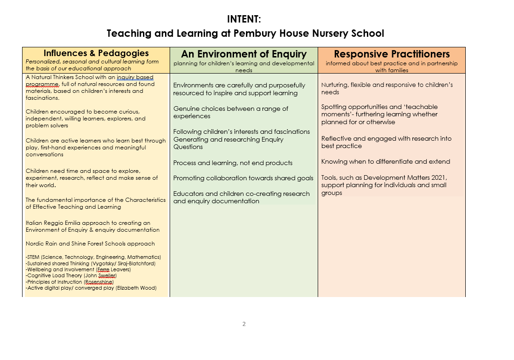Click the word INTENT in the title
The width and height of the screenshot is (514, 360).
[x=244, y=19]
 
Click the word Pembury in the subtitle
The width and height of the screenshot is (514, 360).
[x=253, y=34]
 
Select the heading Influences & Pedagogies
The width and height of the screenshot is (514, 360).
[x=96, y=53]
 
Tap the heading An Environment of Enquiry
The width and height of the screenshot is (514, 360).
[x=244, y=54]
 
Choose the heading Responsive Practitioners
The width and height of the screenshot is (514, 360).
[x=392, y=54]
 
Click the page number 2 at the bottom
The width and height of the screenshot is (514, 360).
[x=244, y=324]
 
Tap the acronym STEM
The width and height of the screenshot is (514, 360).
[x=34, y=257]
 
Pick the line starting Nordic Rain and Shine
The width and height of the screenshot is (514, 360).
[x=90, y=244]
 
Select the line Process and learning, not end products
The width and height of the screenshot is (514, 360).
[x=233, y=163]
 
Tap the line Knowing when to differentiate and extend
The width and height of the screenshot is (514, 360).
[x=386, y=161]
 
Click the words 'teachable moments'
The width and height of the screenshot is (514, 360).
[x=380, y=110]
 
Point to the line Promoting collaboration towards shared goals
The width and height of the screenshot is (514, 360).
[x=243, y=178]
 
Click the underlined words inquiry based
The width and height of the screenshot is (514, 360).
[x=135, y=78]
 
